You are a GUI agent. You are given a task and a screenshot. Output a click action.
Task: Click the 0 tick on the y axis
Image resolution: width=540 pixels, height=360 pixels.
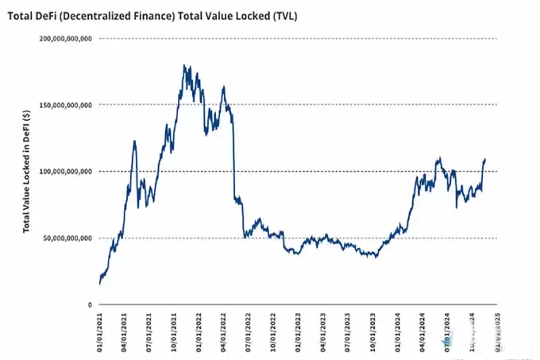coord(90,305)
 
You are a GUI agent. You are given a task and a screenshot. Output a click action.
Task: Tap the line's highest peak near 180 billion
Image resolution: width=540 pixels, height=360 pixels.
coord(184,66)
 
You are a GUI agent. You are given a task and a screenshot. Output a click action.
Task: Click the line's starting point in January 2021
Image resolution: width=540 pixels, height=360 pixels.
coord(100,283)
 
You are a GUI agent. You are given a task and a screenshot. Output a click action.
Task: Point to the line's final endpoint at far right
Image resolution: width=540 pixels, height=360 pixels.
coord(485,159)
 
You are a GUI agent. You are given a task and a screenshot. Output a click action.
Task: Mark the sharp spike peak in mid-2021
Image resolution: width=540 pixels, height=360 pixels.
coord(134,141)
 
